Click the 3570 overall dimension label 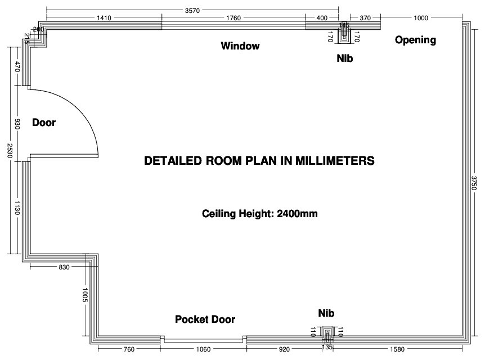click(x=192, y=11)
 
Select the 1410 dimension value click(x=104, y=18)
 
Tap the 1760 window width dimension click(x=233, y=18)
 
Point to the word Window click(x=240, y=46)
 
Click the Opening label click(x=415, y=40)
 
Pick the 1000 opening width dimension click(x=421, y=18)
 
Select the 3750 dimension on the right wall click(x=474, y=183)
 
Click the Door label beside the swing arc click(x=44, y=123)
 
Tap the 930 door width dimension click(x=17, y=124)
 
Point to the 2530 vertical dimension click(x=9, y=151)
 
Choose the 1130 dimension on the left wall click(x=17, y=208)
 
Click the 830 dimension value click(x=64, y=267)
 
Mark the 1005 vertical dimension click(x=86, y=295)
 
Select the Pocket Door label click(x=205, y=319)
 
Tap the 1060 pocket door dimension click(x=203, y=349)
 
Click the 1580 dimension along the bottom click(x=397, y=349)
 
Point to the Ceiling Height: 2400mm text click(x=260, y=214)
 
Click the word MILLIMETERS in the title click(x=335, y=161)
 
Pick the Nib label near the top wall click(x=345, y=58)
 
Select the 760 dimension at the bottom click(x=129, y=349)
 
